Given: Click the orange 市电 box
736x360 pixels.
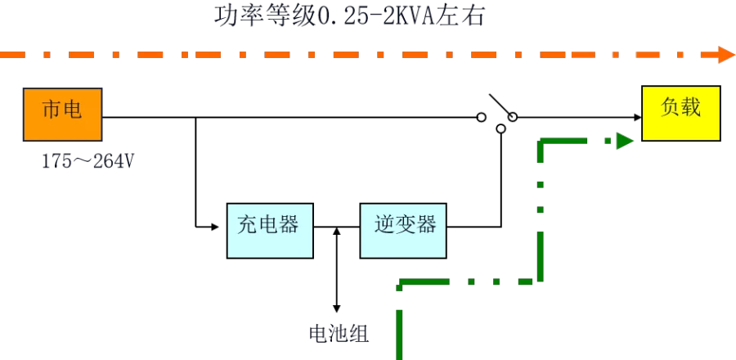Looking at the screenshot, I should click(62, 115).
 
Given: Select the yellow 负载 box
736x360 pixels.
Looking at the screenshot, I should click(680, 113).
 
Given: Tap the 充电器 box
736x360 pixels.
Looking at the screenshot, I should click(268, 232).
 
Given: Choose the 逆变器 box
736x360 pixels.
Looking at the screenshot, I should click(404, 232).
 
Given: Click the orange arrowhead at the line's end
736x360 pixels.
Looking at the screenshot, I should click(725, 55).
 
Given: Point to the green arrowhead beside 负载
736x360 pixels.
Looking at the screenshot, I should click(624, 142).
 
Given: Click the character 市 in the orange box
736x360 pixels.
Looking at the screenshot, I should click(51, 110).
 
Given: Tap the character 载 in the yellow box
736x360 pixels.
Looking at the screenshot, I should click(691, 108).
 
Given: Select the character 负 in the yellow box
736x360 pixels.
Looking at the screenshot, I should click(671, 108).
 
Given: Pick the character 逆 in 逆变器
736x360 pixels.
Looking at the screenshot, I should click(384, 224).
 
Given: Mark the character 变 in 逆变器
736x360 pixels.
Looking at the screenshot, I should click(405, 224).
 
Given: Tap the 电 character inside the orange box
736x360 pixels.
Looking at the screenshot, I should click(72, 110).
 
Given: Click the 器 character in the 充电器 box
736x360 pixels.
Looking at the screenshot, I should click(289, 224).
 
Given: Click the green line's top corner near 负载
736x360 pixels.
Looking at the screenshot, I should click(541, 143).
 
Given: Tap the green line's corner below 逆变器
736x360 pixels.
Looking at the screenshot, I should click(398, 285).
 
